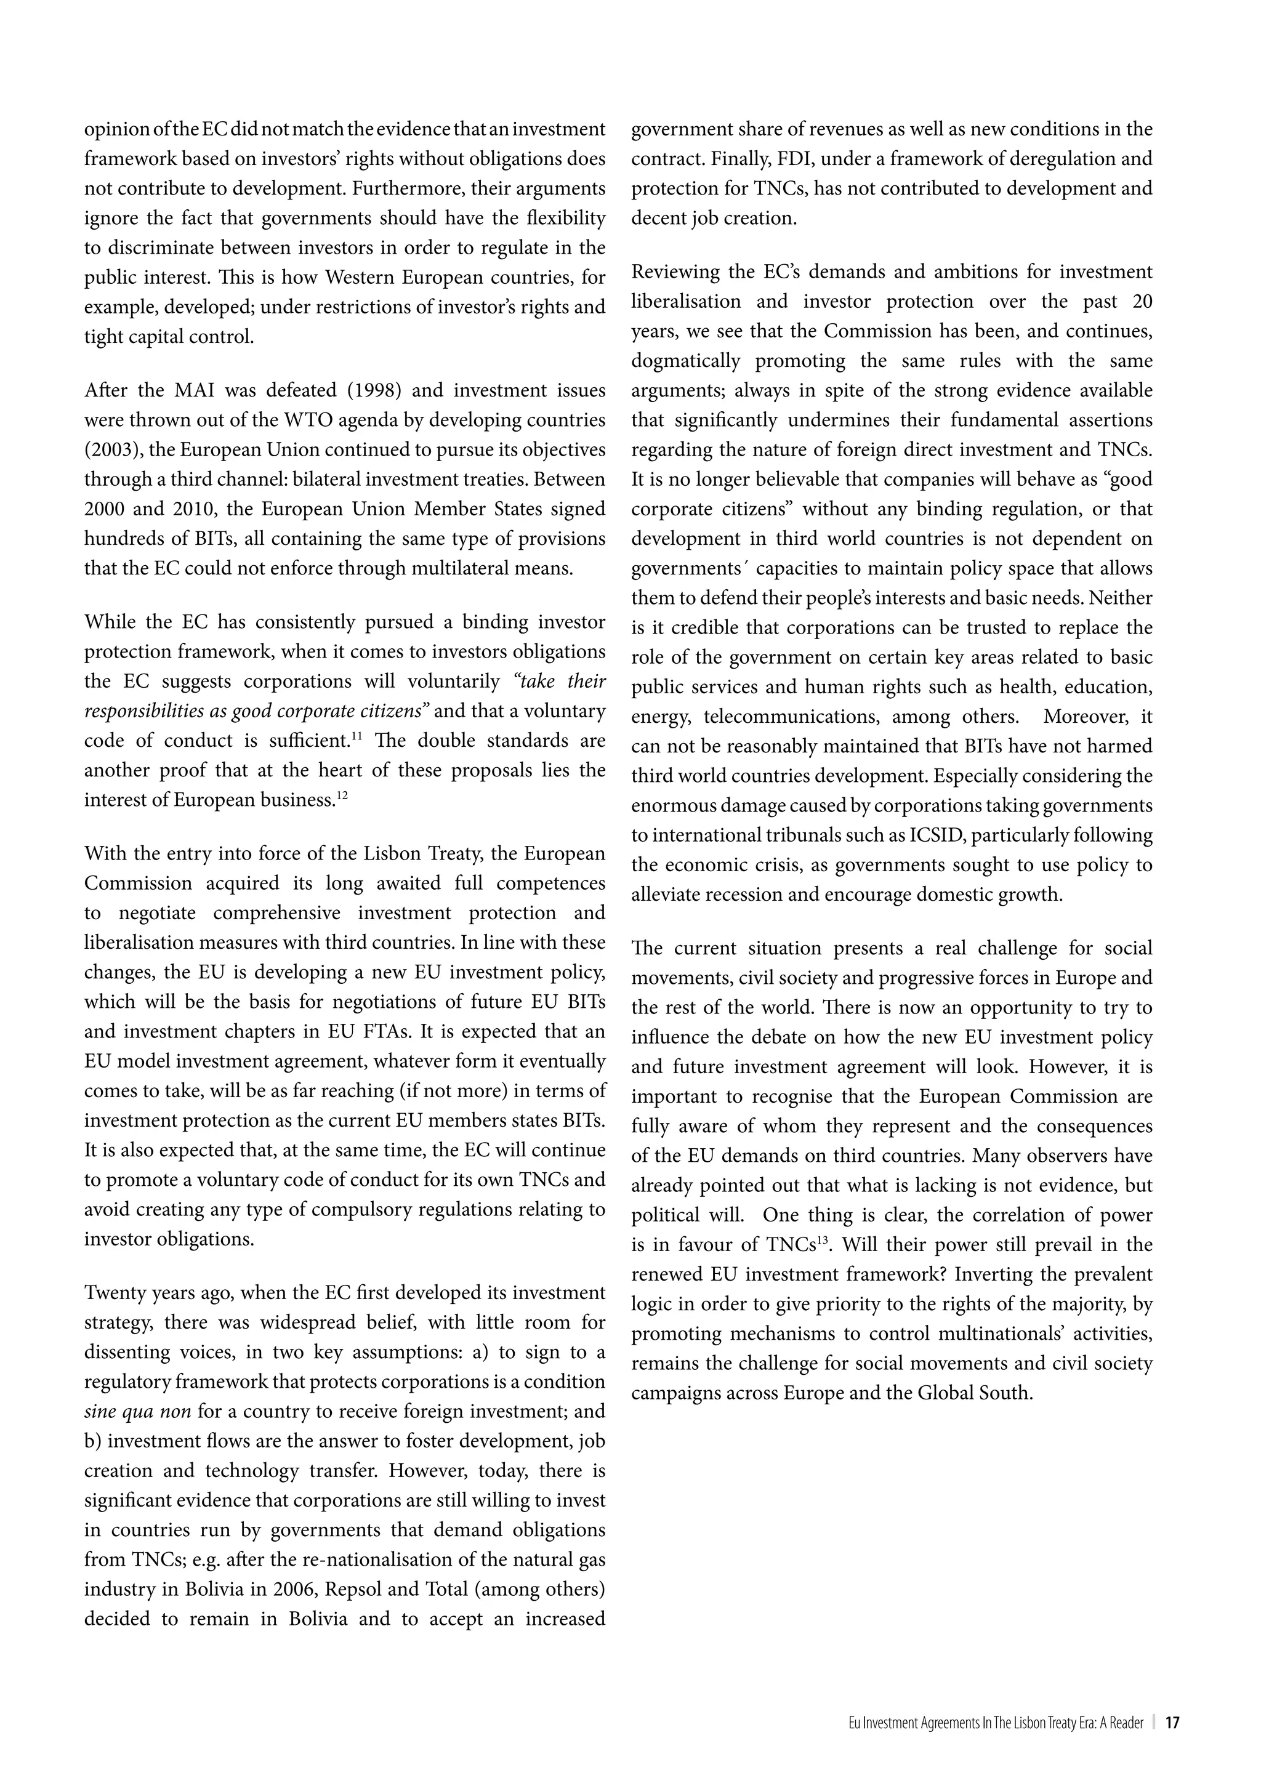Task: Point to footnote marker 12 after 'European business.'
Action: click(x=341, y=795)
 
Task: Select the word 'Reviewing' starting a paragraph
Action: click(x=675, y=272)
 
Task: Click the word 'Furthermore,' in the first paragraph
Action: click(x=462, y=189)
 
